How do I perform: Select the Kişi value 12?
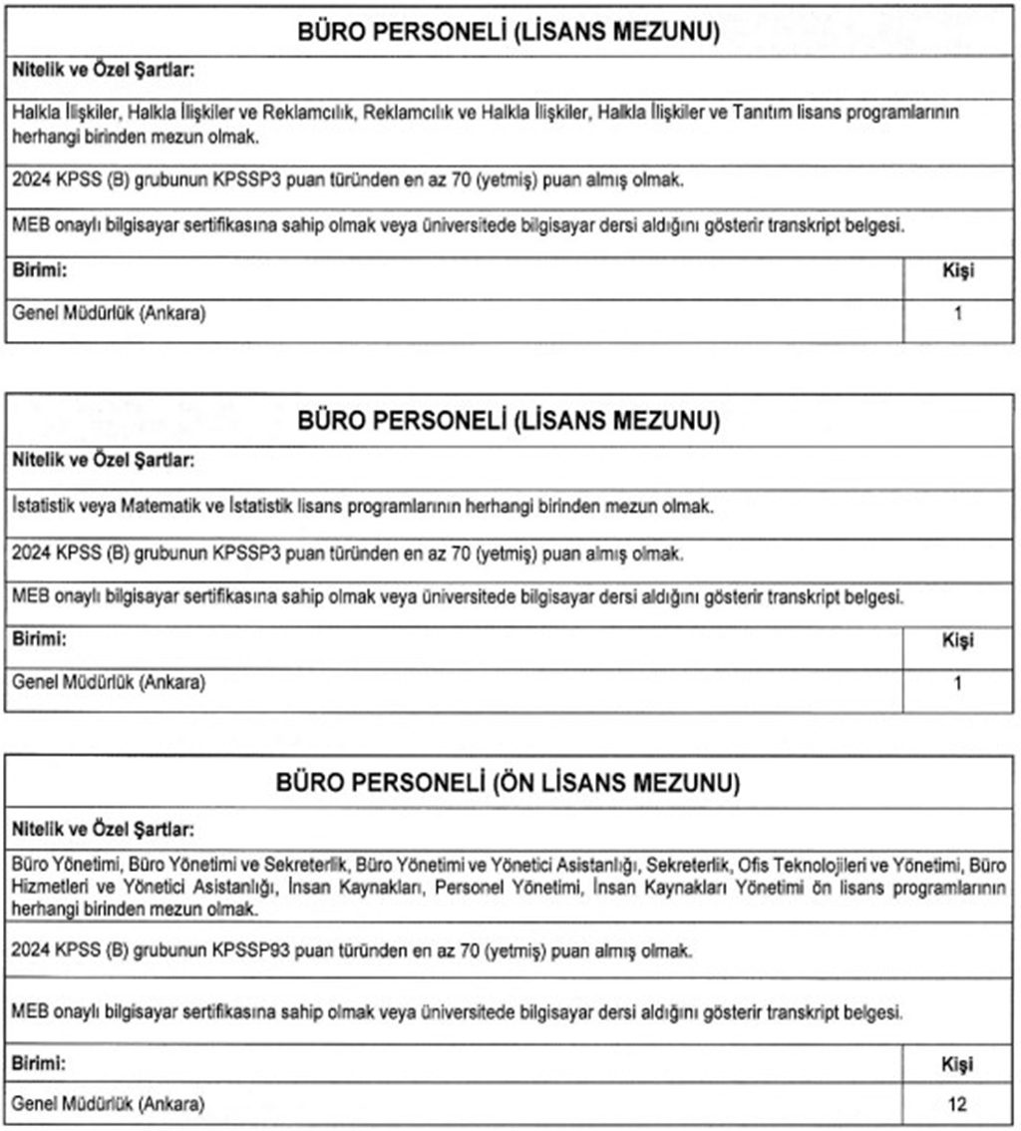(957, 1104)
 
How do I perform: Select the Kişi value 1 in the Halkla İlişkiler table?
(958, 315)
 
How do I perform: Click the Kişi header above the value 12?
(957, 1064)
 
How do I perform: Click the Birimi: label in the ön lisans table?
(40, 1064)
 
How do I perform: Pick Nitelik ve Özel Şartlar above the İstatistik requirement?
(104, 461)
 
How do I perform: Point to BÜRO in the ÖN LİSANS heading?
(308, 784)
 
